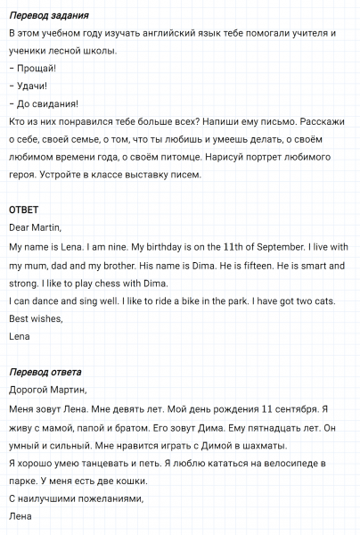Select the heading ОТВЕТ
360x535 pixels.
pos(23,210)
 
